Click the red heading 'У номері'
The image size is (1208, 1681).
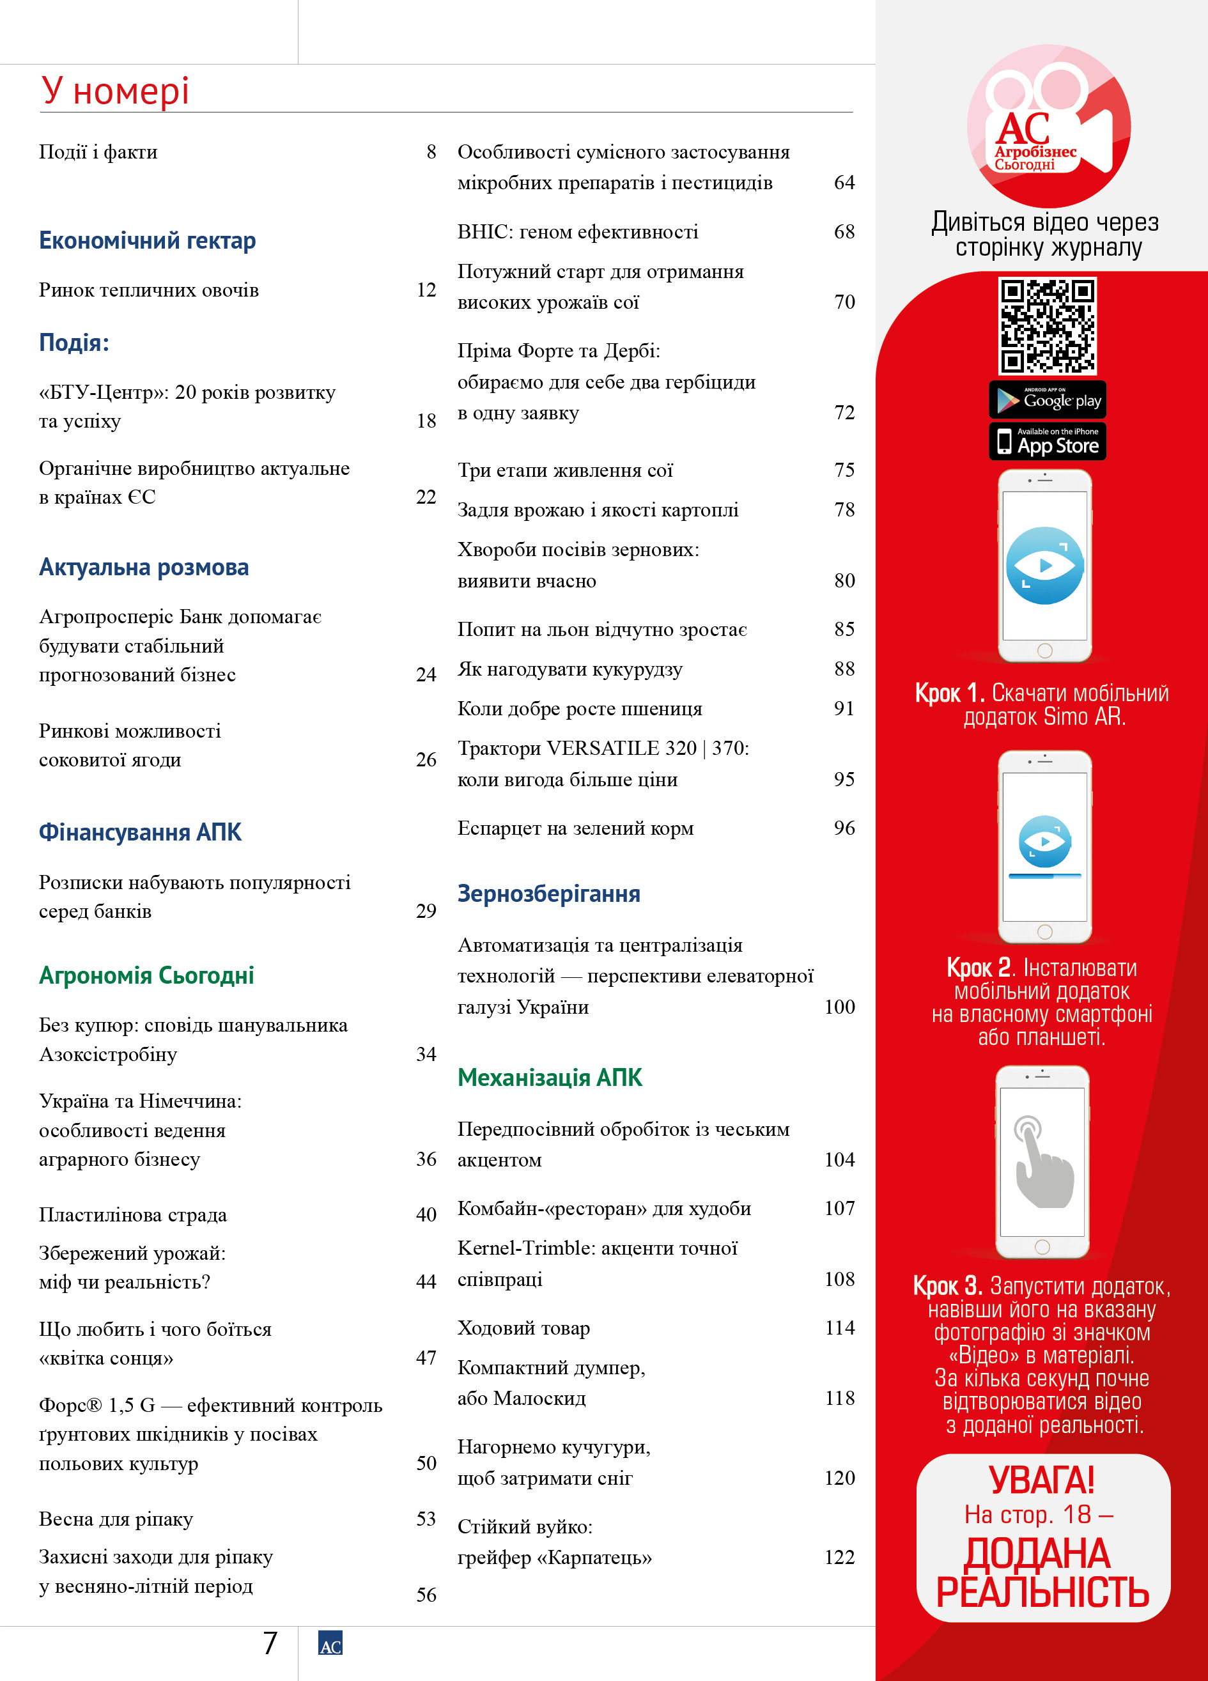[115, 91]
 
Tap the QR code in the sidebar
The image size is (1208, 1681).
[1046, 325]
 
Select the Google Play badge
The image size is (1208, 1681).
[1046, 400]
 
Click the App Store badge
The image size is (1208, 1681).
[1046, 442]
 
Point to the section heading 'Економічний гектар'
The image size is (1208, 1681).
[147, 241]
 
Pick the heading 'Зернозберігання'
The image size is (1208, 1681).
[548, 894]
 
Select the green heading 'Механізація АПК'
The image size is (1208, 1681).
[549, 1078]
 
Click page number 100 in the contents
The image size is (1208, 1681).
[839, 1007]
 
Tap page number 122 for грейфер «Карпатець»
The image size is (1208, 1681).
[839, 1557]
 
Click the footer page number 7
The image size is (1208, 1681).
[270, 1643]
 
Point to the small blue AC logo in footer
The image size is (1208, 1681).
[330, 1643]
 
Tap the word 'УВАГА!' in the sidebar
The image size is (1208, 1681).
[1042, 1481]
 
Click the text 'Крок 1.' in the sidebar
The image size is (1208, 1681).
[949, 693]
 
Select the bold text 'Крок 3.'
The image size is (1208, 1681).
[947, 1286]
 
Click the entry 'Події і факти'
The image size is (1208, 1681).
[98, 152]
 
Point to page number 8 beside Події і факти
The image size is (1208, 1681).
[431, 152]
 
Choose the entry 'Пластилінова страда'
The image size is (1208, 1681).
[133, 1215]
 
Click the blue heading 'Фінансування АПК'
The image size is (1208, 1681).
[140, 832]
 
